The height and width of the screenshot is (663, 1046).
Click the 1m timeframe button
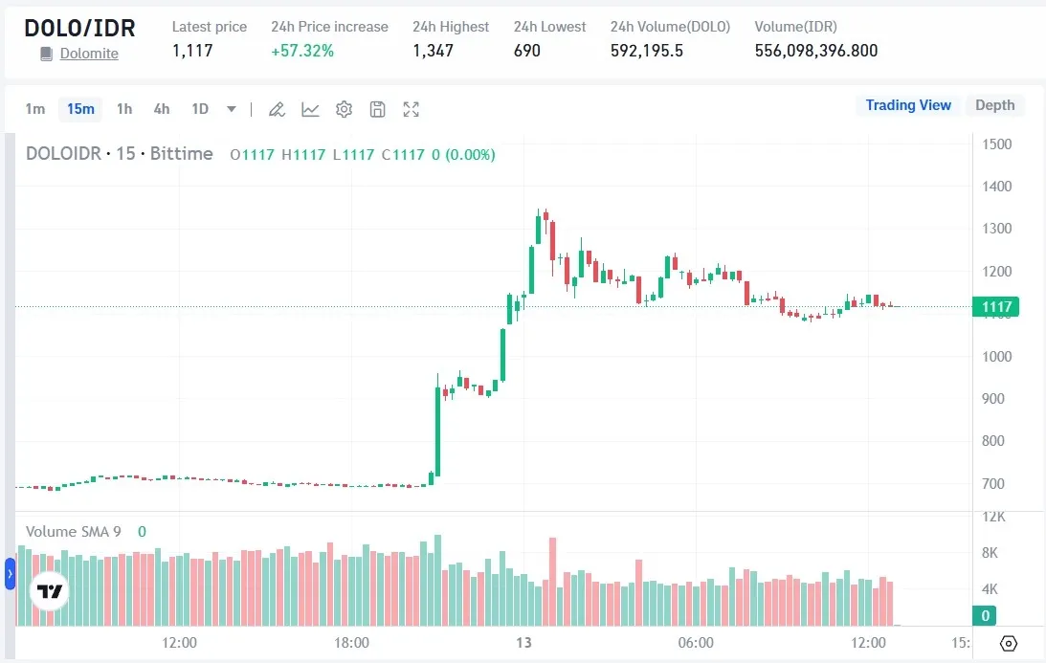click(x=35, y=109)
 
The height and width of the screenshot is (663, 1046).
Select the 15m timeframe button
click(x=80, y=109)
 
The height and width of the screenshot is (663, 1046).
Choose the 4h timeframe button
click(x=162, y=109)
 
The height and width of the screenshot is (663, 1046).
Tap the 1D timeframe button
click(x=200, y=109)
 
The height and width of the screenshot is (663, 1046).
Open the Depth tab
click(x=994, y=105)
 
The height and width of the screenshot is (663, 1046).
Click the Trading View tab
click(x=908, y=105)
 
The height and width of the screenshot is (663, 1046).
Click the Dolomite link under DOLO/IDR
click(x=89, y=54)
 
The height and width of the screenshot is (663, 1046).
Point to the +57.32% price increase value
click(x=302, y=51)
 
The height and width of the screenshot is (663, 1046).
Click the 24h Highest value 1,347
click(x=433, y=51)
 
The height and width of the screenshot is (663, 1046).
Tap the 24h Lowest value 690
click(x=527, y=51)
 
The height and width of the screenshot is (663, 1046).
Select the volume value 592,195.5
click(x=647, y=51)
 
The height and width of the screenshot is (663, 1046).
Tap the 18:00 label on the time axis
click(x=351, y=643)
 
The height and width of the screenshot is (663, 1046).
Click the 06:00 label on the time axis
click(x=695, y=643)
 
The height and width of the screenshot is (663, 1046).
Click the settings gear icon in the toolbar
click(x=344, y=109)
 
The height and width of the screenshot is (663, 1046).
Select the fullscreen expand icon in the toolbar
click(x=412, y=109)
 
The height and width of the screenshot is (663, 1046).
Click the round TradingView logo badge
click(x=49, y=591)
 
